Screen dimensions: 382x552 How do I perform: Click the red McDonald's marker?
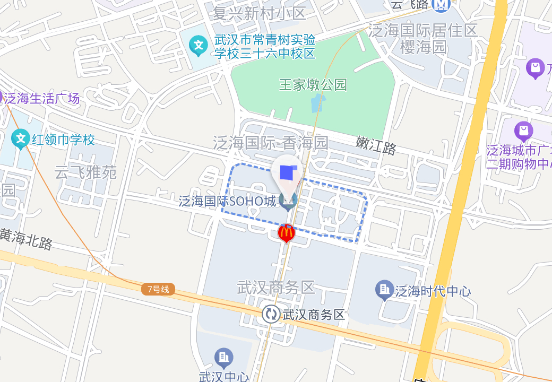(x=286, y=232)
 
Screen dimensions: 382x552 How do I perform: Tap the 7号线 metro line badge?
(x=158, y=289)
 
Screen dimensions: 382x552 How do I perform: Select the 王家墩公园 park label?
(x=313, y=84)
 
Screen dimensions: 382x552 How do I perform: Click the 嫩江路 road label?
(x=376, y=145)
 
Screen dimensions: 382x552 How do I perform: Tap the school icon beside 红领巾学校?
(x=21, y=140)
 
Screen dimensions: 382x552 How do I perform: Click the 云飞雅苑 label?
(x=85, y=172)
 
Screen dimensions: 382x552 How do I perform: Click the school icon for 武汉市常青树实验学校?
(x=199, y=46)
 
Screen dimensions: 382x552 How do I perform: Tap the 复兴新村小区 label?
(x=259, y=13)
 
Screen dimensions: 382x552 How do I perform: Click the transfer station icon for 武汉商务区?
(x=271, y=314)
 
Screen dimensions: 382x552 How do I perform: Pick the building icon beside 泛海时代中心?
(x=384, y=290)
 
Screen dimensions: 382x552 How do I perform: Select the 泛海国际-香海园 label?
(x=271, y=142)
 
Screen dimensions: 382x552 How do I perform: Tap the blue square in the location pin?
(x=287, y=172)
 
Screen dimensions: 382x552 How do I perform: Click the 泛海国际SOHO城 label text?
(x=227, y=201)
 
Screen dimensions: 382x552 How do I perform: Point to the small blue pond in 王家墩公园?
(x=316, y=103)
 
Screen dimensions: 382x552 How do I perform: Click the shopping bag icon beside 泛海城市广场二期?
(x=523, y=131)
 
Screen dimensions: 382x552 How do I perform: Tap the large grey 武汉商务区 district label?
(x=276, y=288)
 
